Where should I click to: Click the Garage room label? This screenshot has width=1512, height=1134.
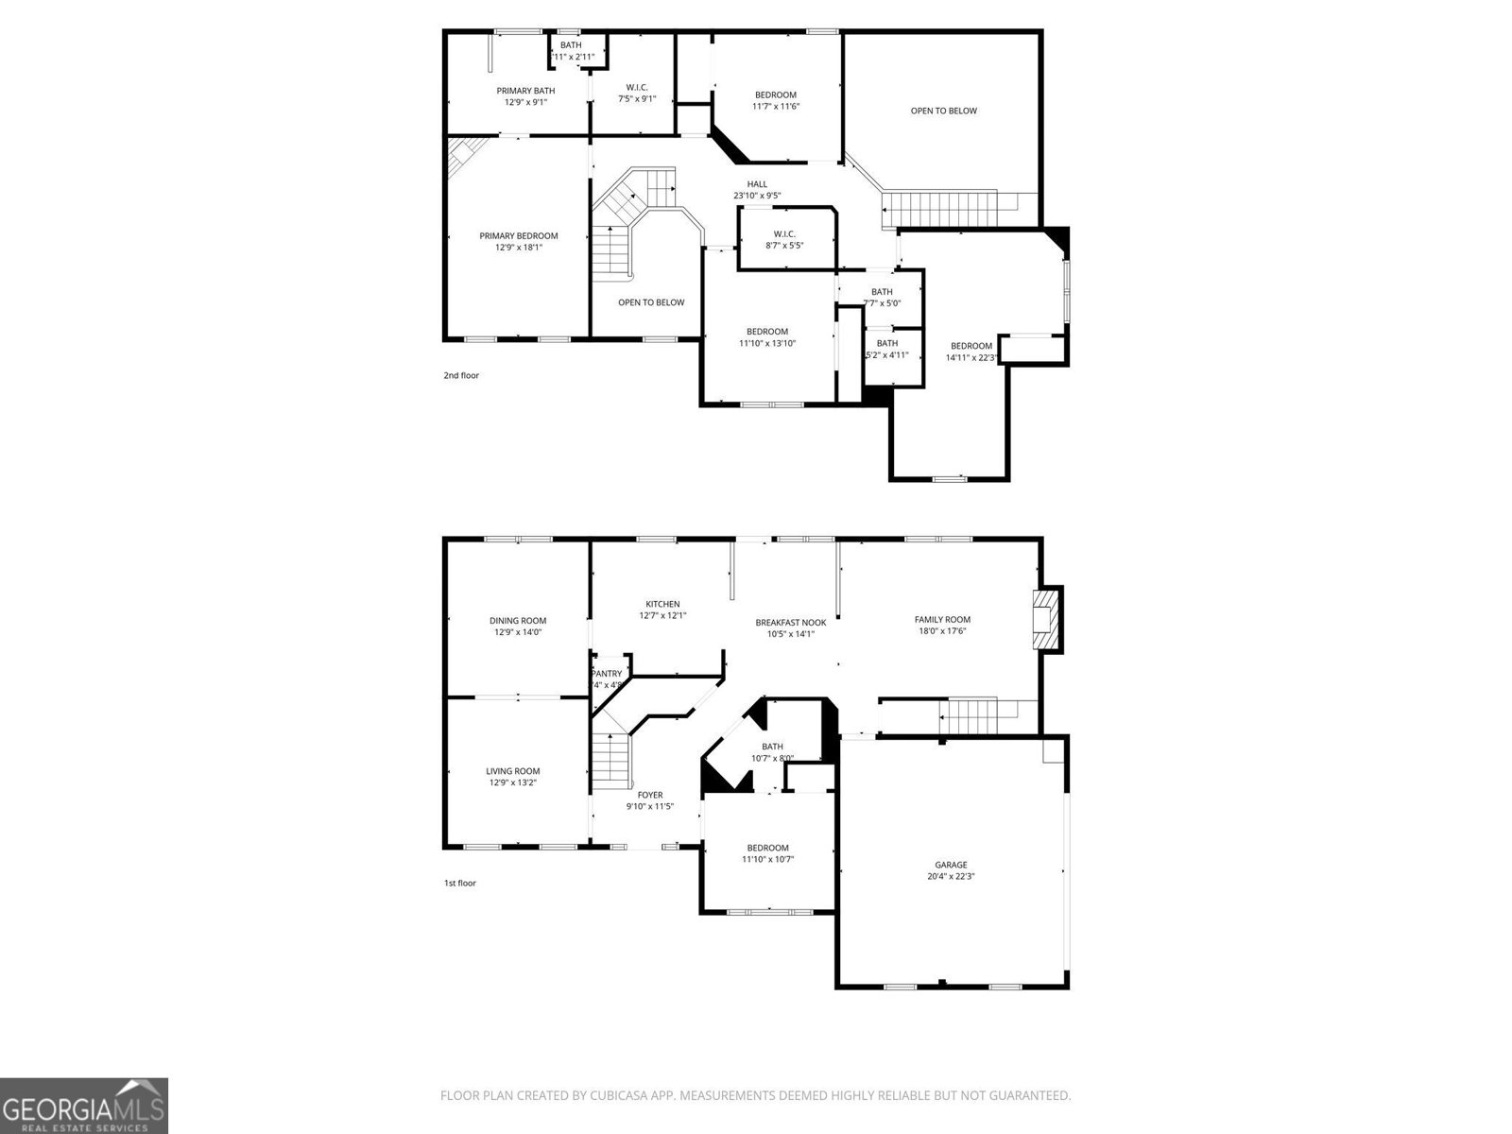[x=951, y=865]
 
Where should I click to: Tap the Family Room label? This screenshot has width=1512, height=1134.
[x=942, y=620]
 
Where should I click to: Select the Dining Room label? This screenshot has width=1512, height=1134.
[x=518, y=621]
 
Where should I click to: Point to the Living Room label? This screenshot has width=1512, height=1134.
[x=513, y=771]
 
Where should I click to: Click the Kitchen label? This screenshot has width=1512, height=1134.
[x=662, y=604]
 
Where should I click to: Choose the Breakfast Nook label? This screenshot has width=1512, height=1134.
[x=791, y=623]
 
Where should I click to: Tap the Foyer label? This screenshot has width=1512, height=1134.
[x=650, y=795]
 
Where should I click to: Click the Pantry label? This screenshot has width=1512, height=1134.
[x=607, y=674]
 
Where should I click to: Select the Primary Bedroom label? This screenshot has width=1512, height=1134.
[x=519, y=236]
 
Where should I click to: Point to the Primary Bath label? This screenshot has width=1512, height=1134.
[x=526, y=91]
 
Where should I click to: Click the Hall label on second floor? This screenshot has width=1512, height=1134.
[x=757, y=184]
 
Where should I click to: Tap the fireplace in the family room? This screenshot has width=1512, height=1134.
[x=1046, y=619]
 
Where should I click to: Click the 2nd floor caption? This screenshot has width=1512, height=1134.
[x=461, y=375]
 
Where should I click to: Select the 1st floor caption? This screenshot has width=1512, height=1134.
[x=460, y=883]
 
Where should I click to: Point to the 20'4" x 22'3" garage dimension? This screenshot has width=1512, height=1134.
[x=951, y=876]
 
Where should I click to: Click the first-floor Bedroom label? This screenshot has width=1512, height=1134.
[x=767, y=848]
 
